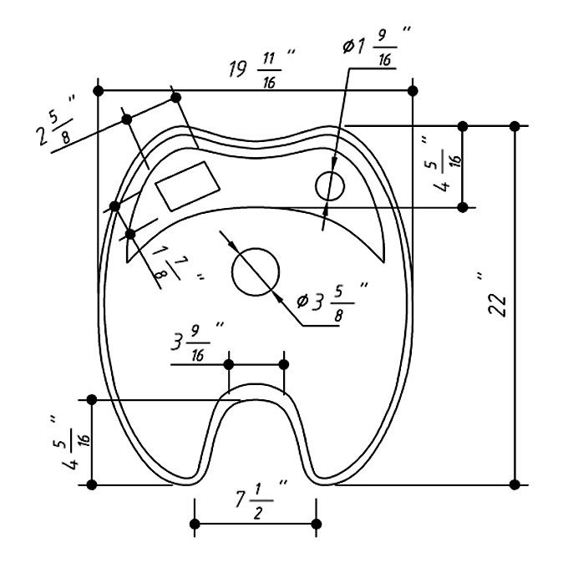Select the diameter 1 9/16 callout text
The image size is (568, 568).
click(x=376, y=47)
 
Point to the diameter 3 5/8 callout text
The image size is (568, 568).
click(x=332, y=302)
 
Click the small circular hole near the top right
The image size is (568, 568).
click(x=330, y=185)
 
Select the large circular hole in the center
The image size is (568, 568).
click(x=256, y=272)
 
